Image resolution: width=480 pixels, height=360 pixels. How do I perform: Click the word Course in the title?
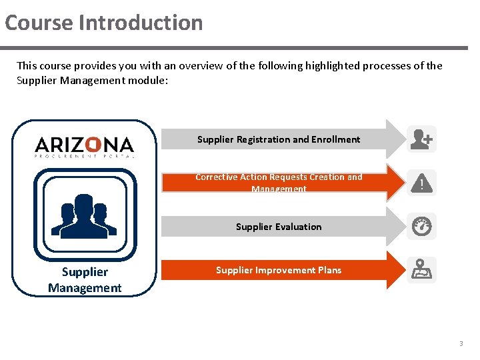[39, 23]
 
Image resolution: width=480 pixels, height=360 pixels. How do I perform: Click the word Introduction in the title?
[141, 23]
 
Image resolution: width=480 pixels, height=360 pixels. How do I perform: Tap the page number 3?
[460, 344]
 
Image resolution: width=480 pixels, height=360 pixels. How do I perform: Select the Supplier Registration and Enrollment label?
[279, 139]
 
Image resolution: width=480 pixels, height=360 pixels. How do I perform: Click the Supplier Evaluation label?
[279, 227]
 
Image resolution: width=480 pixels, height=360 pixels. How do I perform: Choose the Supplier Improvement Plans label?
[279, 270]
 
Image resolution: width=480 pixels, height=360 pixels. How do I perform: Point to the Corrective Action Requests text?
[279, 177]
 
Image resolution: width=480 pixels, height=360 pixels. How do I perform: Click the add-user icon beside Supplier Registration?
[421, 139]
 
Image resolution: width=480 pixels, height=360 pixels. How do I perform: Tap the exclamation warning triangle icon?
[421, 183]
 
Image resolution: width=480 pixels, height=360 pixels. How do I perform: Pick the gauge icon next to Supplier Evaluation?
[421, 227]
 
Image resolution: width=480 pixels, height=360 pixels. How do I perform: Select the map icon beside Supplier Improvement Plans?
[421, 270]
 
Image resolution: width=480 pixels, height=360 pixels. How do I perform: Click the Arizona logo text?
[85, 144]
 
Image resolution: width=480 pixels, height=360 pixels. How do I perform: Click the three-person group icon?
[85, 215]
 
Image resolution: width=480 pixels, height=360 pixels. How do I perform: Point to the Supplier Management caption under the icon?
[85, 280]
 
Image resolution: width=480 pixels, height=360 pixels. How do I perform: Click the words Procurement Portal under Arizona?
[85, 157]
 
